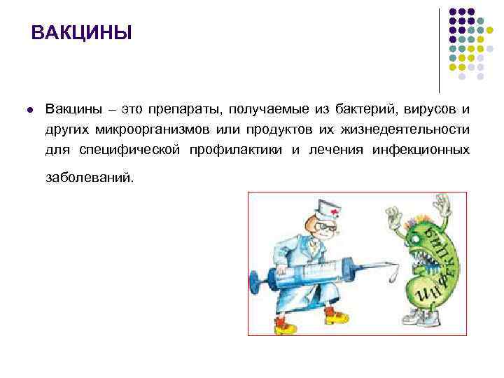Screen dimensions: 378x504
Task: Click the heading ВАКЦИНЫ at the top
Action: pyautogui.click(x=82, y=33)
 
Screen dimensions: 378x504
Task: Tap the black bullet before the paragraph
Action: pyautogui.click(x=29, y=110)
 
